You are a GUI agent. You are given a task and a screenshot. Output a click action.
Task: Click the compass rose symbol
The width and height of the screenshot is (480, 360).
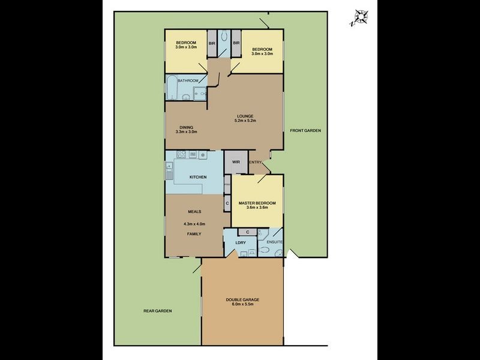(x=359, y=17)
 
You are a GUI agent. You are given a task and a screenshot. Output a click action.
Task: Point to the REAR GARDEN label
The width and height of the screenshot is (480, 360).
(x=157, y=311)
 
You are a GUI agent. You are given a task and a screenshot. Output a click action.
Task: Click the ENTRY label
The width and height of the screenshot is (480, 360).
(x=255, y=163)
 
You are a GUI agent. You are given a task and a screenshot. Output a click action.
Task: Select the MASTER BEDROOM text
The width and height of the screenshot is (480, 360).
(x=257, y=203)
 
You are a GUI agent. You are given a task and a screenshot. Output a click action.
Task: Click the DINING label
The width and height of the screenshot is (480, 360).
(x=186, y=127)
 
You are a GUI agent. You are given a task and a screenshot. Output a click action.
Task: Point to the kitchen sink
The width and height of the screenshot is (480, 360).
(x=169, y=170)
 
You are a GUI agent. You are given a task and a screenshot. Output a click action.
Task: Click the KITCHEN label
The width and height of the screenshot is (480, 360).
(x=198, y=177)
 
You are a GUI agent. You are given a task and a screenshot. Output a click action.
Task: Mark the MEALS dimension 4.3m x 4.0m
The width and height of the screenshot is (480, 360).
(x=194, y=223)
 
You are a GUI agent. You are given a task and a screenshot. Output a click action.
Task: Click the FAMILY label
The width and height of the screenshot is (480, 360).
(x=193, y=233)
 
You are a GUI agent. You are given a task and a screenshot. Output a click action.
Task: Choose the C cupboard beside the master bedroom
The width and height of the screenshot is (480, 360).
(x=227, y=203)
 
